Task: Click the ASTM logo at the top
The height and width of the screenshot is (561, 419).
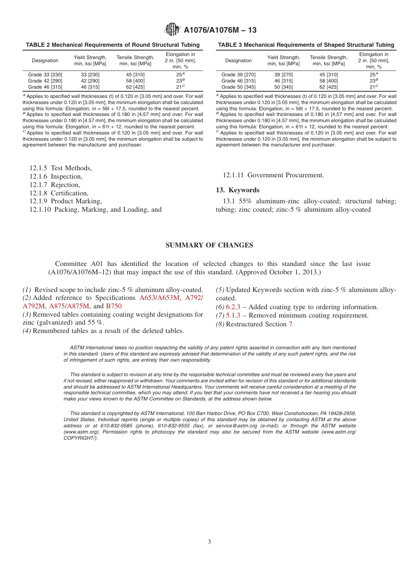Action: click(x=172, y=30)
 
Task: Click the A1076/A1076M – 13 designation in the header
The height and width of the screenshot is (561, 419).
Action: click(x=220, y=30)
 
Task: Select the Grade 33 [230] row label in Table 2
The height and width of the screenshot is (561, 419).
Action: click(x=45, y=75)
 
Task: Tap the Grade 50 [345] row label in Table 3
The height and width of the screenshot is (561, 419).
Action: click(x=238, y=87)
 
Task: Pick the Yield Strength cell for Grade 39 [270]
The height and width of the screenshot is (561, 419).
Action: click(x=283, y=75)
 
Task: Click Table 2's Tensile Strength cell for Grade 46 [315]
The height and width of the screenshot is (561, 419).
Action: click(x=135, y=87)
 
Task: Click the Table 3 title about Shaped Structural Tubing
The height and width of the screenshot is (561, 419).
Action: click(x=306, y=45)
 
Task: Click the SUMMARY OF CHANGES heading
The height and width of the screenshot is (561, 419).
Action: click(x=209, y=245)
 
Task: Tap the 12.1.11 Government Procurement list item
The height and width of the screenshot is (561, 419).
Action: click(x=273, y=175)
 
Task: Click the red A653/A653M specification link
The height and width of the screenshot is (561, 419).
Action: click(x=160, y=298)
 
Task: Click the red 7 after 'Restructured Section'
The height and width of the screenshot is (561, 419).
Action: click(x=290, y=324)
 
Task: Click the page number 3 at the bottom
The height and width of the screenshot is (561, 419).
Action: click(x=209, y=542)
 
